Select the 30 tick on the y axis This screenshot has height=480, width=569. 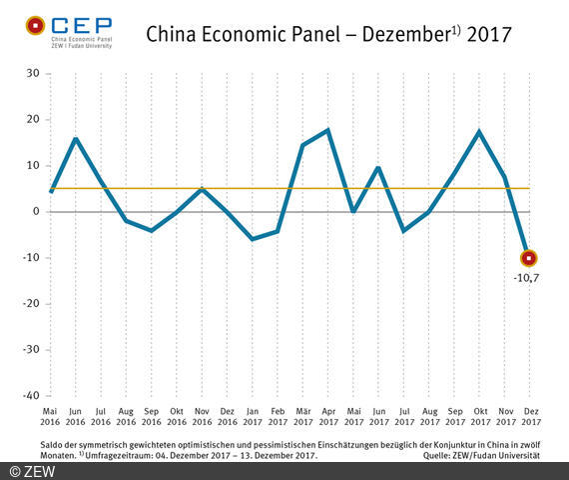pos(33,74)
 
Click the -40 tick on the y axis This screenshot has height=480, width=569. pos(30,396)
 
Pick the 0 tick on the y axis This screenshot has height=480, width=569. pos(36,212)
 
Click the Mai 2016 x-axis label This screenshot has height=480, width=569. pos(50,415)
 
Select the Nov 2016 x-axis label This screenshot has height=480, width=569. pos(202,415)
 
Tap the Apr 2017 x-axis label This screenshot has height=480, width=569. pos(327,415)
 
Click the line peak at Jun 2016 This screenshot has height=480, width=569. pos(76,139)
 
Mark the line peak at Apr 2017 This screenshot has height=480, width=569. pos(327,130)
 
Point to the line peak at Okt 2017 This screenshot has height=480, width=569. pos(479,132)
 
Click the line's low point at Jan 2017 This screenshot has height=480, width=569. pos(252,239)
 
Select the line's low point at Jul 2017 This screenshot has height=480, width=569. pos(403,231)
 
